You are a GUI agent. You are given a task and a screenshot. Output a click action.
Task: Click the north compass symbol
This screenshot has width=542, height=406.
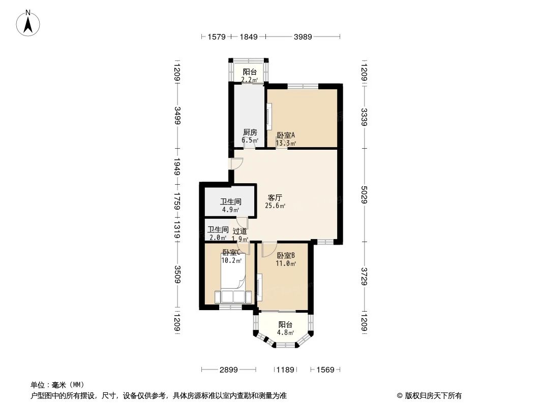click(x=29, y=22)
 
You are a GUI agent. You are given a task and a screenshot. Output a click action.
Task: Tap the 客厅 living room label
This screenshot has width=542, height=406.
click(x=275, y=197)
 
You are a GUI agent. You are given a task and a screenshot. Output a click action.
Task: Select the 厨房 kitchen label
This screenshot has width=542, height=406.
click(x=250, y=132)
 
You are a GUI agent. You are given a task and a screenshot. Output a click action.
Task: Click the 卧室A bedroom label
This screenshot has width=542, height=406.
click(x=286, y=136)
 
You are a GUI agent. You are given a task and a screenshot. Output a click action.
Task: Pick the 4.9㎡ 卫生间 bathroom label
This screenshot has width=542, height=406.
click(x=230, y=201)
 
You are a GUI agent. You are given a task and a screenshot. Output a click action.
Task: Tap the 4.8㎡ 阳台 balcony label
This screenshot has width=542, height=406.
click(x=285, y=325)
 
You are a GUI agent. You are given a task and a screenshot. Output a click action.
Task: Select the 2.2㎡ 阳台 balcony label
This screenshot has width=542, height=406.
click(x=249, y=72)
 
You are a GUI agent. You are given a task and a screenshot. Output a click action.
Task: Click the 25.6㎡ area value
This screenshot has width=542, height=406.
click(x=275, y=206)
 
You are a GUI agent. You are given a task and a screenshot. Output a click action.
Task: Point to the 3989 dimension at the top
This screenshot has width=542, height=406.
click(x=302, y=37)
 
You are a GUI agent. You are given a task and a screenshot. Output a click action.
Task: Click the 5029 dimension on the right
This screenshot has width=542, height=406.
click(x=364, y=194)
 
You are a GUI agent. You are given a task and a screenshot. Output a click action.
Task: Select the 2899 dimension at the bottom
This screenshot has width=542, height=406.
click(x=229, y=370)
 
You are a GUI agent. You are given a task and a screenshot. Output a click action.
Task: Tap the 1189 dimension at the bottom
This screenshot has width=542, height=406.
click(x=285, y=370)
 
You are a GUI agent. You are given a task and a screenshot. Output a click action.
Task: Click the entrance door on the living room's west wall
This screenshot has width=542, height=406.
click(x=236, y=163)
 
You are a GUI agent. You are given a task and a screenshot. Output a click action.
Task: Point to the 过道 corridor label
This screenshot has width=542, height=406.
click(x=240, y=231)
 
